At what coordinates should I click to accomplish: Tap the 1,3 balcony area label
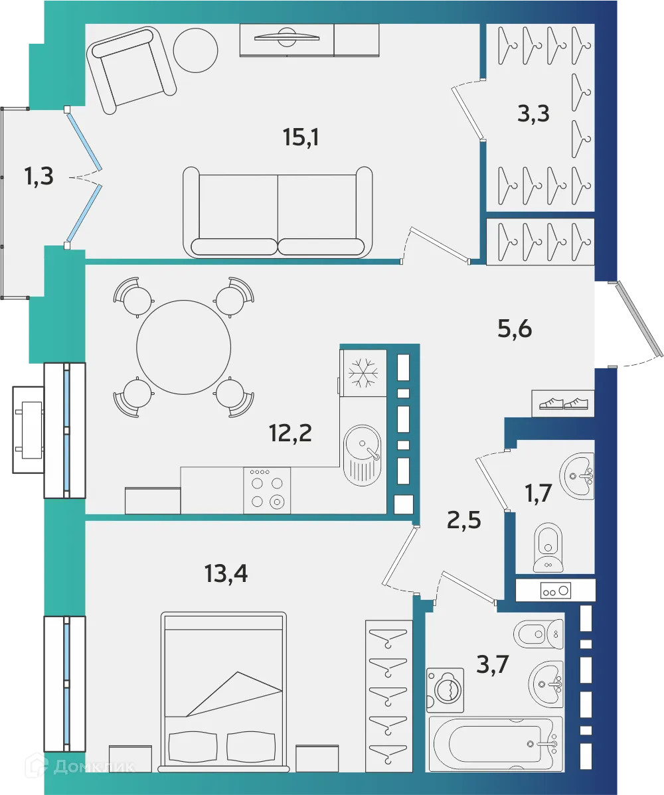pos(38,177)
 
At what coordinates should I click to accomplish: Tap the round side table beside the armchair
pos(195,50)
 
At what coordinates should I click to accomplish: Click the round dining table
pos(183,346)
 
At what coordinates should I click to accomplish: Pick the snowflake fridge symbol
pos(363,372)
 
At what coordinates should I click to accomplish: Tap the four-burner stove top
pos(267,490)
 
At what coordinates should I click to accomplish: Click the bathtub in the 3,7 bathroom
pos(495,743)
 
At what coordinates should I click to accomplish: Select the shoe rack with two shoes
pos(563,403)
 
